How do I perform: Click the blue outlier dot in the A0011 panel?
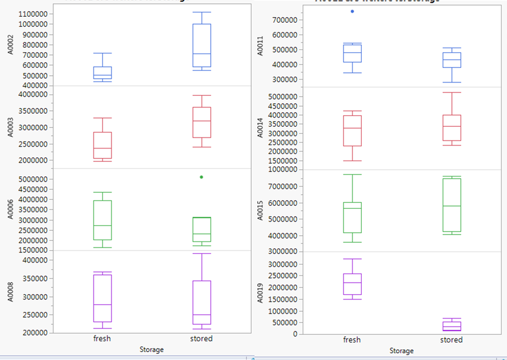coord(352,11)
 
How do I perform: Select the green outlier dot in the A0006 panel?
coord(201,177)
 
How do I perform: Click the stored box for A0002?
coord(201,45)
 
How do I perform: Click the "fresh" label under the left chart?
coord(102,338)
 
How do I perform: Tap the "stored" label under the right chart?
coord(451,340)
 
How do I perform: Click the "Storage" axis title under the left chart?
coord(151,349)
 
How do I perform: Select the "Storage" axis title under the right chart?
coord(401,350)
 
